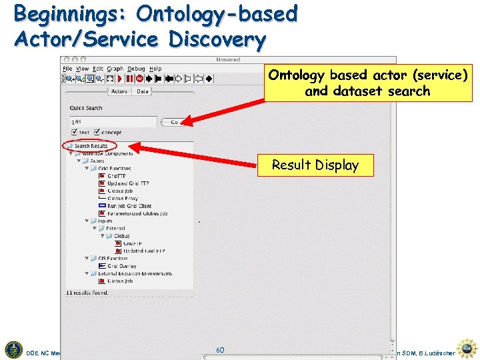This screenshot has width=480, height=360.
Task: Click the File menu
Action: [67, 69]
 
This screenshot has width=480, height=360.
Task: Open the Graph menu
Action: [115, 69]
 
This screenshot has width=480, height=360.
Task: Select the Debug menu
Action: [136, 69]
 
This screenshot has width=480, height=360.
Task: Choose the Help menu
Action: [155, 69]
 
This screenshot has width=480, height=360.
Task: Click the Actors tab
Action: [119, 91]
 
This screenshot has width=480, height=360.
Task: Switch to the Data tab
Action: [143, 91]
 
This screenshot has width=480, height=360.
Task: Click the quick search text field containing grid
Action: [113, 122]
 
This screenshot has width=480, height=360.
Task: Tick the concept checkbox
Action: [98, 132]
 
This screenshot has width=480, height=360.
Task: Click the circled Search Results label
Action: [91, 146]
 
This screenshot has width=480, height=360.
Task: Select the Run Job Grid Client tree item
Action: [129, 206]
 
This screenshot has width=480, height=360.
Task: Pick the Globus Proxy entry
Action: [123, 199]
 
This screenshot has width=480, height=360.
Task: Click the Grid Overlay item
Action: [122, 266]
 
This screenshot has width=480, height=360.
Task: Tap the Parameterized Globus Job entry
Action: [137, 213]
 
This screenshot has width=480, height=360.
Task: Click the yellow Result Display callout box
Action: [315, 165]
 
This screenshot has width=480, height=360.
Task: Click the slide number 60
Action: [220, 350]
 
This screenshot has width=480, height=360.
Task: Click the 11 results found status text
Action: [87, 292]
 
